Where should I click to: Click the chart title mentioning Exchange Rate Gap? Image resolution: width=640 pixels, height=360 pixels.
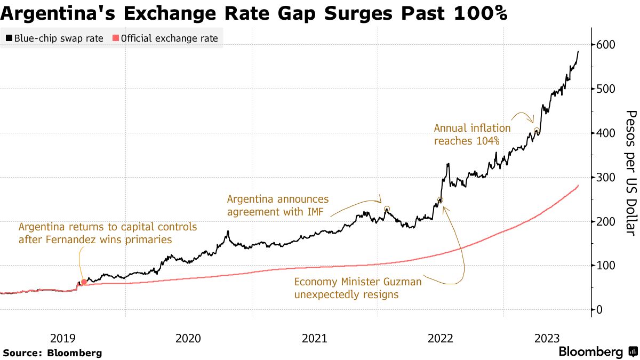pos(254,14)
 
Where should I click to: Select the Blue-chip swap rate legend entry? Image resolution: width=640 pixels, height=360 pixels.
pos(54,38)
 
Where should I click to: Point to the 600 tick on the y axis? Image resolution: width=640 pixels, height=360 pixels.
pos(607,45)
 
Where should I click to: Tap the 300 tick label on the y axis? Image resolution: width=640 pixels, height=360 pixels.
pos(607,177)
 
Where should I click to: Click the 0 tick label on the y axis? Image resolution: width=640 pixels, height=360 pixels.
pos(600,309)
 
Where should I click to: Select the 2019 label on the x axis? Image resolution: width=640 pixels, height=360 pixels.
pos(63,338)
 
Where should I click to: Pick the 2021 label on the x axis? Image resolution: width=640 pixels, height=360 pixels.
pos(315,338)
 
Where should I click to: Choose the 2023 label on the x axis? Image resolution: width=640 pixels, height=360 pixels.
pos(547,338)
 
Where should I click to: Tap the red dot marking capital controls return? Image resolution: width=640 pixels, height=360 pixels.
pos(84,282)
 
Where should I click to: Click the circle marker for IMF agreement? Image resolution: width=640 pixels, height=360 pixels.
pos(387,209)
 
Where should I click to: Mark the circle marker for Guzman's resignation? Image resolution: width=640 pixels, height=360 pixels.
pos(440,200)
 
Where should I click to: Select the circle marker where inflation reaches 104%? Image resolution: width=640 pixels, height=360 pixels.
pos(537,131)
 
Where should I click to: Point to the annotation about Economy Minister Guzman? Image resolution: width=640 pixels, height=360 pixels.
pos(358,288)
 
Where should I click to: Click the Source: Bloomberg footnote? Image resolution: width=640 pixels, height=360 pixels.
pos(52,353)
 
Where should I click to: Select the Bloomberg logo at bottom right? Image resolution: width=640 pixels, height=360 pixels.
pos(597,352)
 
